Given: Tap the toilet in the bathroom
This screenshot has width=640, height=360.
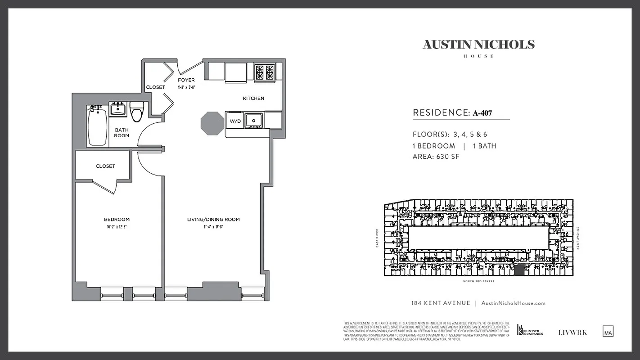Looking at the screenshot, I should click(x=137, y=112).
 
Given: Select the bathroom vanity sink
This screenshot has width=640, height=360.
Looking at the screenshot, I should click(x=118, y=109).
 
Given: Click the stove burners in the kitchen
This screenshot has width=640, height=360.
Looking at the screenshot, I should click(x=265, y=72).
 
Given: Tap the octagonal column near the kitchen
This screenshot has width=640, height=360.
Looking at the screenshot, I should click(x=212, y=123).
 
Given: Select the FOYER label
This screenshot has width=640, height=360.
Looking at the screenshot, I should click(x=186, y=80).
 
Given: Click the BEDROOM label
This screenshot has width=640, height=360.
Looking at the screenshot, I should click(x=117, y=220).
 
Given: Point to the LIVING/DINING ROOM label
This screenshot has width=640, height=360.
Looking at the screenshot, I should click(x=213, y=220).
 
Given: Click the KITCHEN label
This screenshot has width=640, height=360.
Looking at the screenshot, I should click(x=253, y=98).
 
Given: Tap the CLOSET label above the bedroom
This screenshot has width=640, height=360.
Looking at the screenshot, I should click(x=105, y=166).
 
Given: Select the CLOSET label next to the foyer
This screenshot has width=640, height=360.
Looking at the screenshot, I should click(x=155, y=87).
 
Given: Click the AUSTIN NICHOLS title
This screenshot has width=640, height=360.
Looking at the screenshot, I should click(x=478, y=45).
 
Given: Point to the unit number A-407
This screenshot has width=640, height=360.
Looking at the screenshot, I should click(x=482, y=113).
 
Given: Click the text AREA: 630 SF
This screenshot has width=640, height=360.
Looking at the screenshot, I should click(x=436, y=157).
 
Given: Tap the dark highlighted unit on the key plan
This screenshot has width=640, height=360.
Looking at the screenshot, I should click(x=519, y=270).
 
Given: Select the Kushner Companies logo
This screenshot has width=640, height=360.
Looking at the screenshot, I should click(x=530, y=330).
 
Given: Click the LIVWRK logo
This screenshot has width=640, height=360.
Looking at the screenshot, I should click(x=572, y=333).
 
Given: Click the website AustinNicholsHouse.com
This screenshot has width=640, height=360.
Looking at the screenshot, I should click(x=513, y=303).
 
